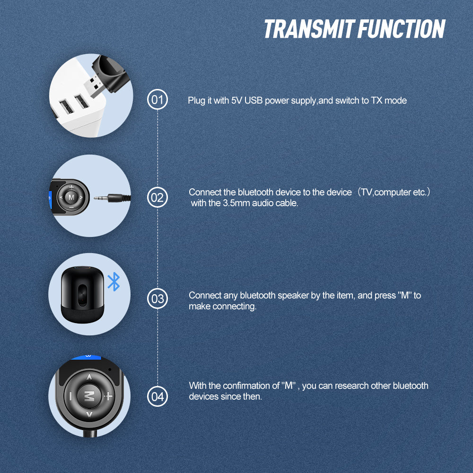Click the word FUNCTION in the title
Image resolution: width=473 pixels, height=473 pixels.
click(401, 29)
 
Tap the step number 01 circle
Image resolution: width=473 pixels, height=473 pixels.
click(158, 100)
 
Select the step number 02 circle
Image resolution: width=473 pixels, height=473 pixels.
click(158, 197)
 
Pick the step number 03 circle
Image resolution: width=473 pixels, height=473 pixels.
click(158, 298)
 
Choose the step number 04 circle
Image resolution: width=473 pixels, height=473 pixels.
click(158, 396)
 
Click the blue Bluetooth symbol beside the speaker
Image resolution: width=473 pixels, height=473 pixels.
click(114, 282)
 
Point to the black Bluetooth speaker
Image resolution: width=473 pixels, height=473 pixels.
click(79, 294)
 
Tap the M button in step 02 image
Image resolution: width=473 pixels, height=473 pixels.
click(71, 196)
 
